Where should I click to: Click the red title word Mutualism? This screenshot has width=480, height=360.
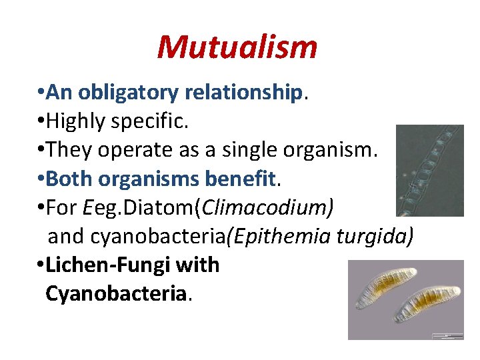[x=237, y=47]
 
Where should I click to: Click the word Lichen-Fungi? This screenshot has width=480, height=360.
[x=107, y=265]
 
